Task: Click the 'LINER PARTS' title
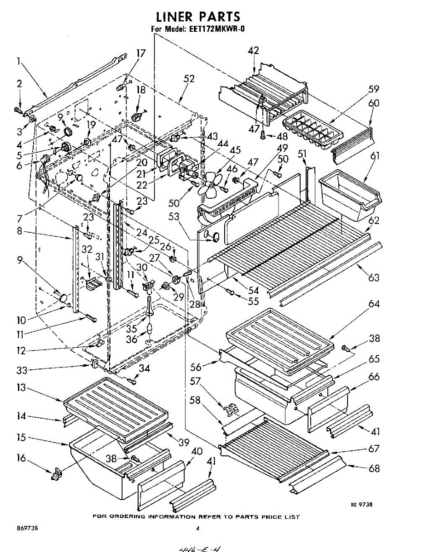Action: point(198,17)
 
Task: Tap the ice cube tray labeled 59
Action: point(313,129)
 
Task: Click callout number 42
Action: point(254,51)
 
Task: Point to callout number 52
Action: point(189,79)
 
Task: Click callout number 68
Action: point(374,468)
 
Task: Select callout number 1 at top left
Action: point(19,60)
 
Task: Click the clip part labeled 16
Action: point(57,474)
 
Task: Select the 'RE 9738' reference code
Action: point(361,505)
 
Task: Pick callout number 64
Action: point(374,304)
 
